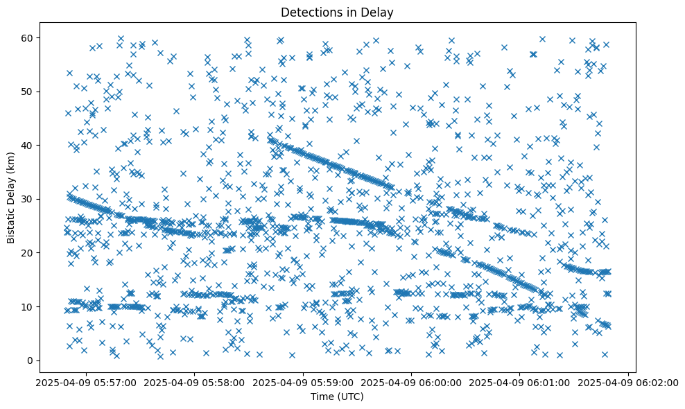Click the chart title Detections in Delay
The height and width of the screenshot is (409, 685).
[336, 12]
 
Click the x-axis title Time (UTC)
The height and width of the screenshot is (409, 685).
[336, 397]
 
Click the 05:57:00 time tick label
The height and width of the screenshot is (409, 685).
[86, 382]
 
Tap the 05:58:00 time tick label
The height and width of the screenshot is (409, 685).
[195, 382]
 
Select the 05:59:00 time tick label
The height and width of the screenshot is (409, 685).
[304, 382]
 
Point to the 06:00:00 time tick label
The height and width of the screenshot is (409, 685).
[412, 382]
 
